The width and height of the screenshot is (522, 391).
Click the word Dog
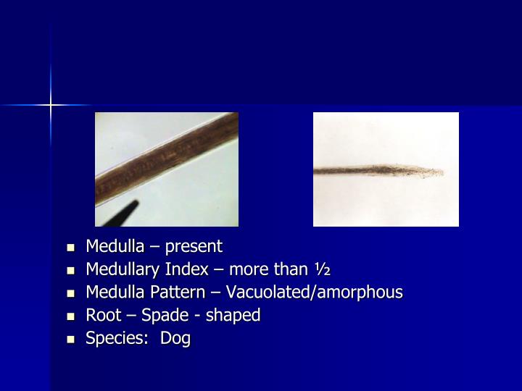pyautogui.click(x=175, y=338)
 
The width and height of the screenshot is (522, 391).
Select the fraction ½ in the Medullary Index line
pyautogui.click(x=323, y=269)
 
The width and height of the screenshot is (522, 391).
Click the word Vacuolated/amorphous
pyautogui.click(x=315, y=293)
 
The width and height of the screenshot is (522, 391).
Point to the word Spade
pyautogui.click(x=165, y=316)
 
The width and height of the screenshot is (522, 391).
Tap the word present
pyautogui.click(x=194, y=247)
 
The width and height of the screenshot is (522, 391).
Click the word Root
pyautogui.click(x=102, y=316)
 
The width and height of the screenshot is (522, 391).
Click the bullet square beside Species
pyautogui.click(x=71, y=339)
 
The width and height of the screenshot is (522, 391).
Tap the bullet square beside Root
pyautogui.click(x=71, y=316)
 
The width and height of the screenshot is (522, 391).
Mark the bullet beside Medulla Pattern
pyautogui.click(x=71, y=293)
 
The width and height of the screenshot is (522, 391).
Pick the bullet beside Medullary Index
pyautogui.click(x=71, y=270)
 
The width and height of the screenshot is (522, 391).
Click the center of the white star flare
pyautogui.click(x=51, y=106)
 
